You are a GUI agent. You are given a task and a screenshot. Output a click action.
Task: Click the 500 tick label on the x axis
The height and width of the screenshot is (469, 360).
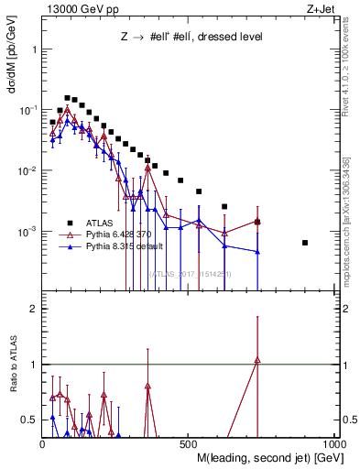[x=186, y=443]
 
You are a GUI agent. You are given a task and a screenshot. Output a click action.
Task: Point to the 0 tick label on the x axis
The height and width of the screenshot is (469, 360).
[x=42, y=443]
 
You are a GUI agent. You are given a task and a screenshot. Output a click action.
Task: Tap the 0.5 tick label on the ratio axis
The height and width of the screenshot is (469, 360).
[x=28, y=420]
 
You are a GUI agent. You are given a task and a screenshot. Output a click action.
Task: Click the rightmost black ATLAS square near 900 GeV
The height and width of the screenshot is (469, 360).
[x=305, y=243]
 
